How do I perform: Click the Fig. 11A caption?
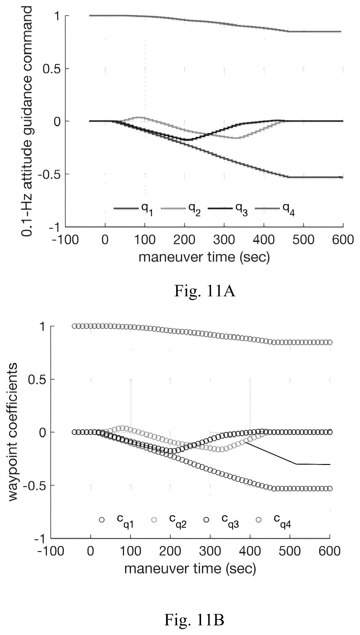pyautogui.click(x=204, y=292)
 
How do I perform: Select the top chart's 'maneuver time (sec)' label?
pyautogui.click(x=204, y=257)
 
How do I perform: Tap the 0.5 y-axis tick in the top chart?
pyautogui.click(x=52, y=69)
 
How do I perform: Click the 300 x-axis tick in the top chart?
pyautogui.click(x=224, y=239)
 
